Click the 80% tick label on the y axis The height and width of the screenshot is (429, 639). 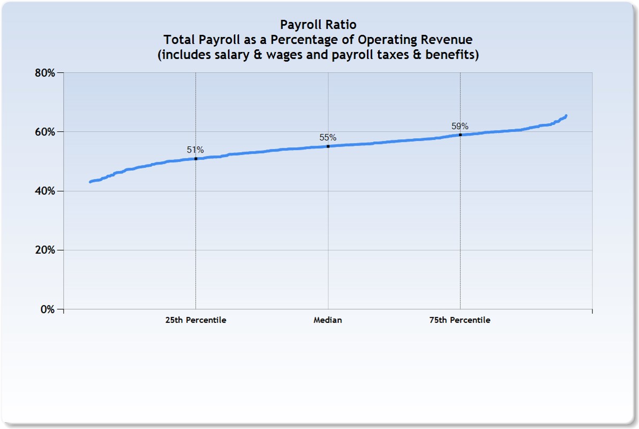tap(44, 72)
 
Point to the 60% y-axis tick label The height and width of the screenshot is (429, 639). tap(44, 132)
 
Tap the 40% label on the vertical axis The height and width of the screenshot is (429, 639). tap(44, 191)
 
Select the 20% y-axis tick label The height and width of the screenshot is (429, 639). tap(44, 250)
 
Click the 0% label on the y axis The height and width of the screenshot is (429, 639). tap(48, 310)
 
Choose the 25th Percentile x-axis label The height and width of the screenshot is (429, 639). tap(196, 320)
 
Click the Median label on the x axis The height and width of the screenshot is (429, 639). tap(328, 320)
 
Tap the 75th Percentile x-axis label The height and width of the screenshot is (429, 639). tap(460, 320)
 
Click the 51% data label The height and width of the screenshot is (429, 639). tap(195, 150)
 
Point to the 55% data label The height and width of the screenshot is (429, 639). tap(328, 137)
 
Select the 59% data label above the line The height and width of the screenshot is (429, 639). tap(460, 126)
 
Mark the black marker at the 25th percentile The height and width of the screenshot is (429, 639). tap(196, 159)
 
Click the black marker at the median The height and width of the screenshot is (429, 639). tap(328, 146)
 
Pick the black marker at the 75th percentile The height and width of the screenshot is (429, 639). tap(460, 134)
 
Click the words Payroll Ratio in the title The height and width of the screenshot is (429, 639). tap(318, 25)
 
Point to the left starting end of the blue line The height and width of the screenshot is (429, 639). tap(90, 182)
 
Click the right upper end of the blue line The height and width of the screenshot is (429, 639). tap(566, 116)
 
